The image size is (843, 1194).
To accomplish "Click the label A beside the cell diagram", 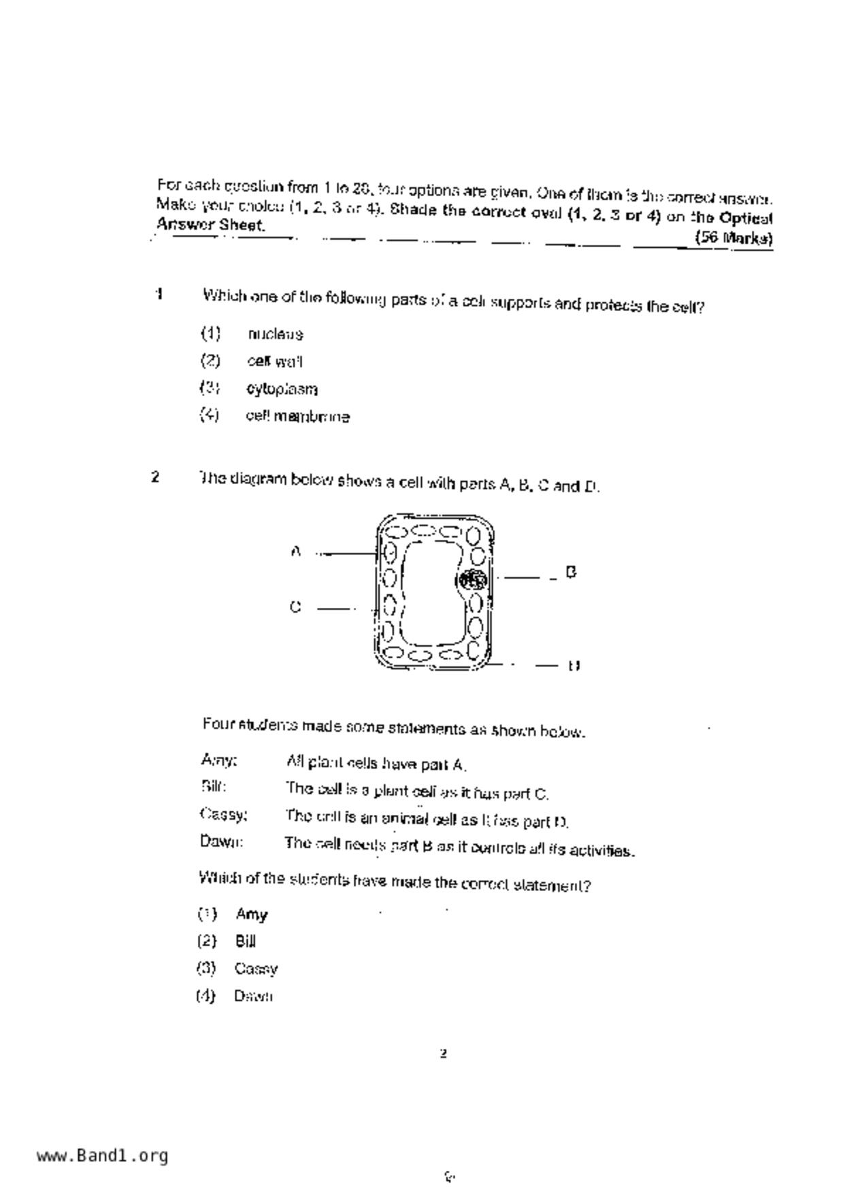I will pos(295,551).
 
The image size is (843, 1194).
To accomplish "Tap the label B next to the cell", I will pos(571,572).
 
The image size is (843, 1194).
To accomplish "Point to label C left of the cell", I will pos(295,607).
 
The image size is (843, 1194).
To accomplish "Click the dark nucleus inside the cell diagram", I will pos(473,580).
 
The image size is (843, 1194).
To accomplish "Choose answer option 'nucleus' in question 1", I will pos(276,334).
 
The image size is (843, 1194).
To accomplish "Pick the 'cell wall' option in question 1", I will pos(275,361).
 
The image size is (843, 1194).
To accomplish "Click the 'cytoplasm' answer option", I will pos(282,389).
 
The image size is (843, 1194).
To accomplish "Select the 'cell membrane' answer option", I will pos(298,417).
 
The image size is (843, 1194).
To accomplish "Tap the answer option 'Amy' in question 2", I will pos(251,914).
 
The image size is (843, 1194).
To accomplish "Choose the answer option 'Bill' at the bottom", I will pos(245,941).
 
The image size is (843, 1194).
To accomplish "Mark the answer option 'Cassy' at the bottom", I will pos(256,969).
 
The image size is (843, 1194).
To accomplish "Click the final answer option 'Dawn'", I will pos(253,996).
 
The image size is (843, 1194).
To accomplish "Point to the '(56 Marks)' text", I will pos(733,238).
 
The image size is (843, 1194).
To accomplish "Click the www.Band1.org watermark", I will pos(102,1155).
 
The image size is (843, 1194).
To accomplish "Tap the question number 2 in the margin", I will pos(156,477).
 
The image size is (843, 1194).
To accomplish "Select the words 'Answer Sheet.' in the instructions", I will pos(210,225).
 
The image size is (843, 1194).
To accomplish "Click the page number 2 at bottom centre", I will pos(444,1054).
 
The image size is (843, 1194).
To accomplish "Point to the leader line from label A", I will pos(347,553).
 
